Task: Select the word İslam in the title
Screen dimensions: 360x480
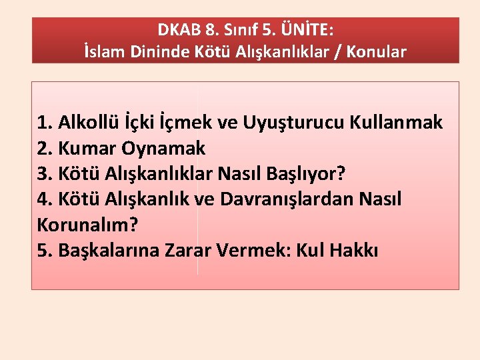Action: click(x=104, y=52)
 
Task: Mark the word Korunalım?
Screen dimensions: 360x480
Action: click(x=87, y=225)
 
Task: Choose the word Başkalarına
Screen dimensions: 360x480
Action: click(x=113, y=250)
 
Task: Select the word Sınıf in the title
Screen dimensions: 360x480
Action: click(x=238, y=30)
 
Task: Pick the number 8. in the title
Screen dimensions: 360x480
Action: click(x=212, y=30)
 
